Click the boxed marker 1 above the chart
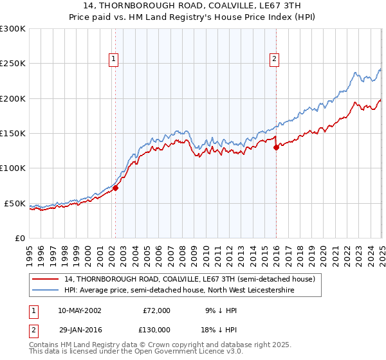[x=114, y=59]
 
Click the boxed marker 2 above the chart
[x=274, y=59]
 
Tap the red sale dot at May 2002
[x=116, y=188]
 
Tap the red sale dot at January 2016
[x=276, y=147]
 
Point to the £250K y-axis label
[x=13, y=64]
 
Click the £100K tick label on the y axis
[x=13, y=168]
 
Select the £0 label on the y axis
[x=19, y=238]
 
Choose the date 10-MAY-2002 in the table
[x=78, y=310]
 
